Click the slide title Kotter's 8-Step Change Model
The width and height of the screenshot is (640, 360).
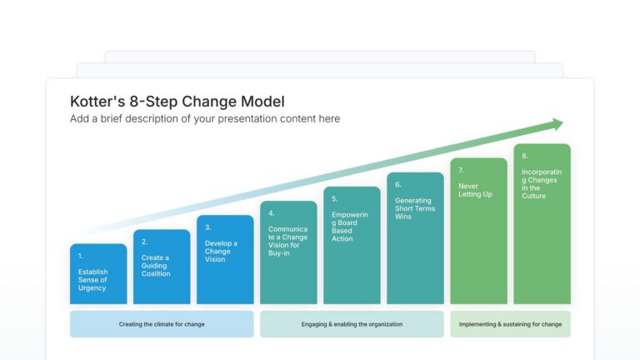click(177, 102)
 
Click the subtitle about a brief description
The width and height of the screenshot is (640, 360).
click(205, 119)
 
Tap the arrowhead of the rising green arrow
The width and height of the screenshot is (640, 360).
click(556, 125)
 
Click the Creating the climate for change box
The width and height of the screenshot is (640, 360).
click(162, 324)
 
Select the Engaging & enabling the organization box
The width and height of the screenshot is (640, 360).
click(352, 324)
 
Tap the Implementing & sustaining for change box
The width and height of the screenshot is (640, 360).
click(510, 324)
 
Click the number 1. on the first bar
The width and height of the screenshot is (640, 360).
click(81, 256)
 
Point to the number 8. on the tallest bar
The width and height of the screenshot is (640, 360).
click(525, 156)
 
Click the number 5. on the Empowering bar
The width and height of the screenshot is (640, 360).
click(334, 199)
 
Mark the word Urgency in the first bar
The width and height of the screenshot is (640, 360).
click(92, 287)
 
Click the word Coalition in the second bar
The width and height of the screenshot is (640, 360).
click(156, 273)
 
